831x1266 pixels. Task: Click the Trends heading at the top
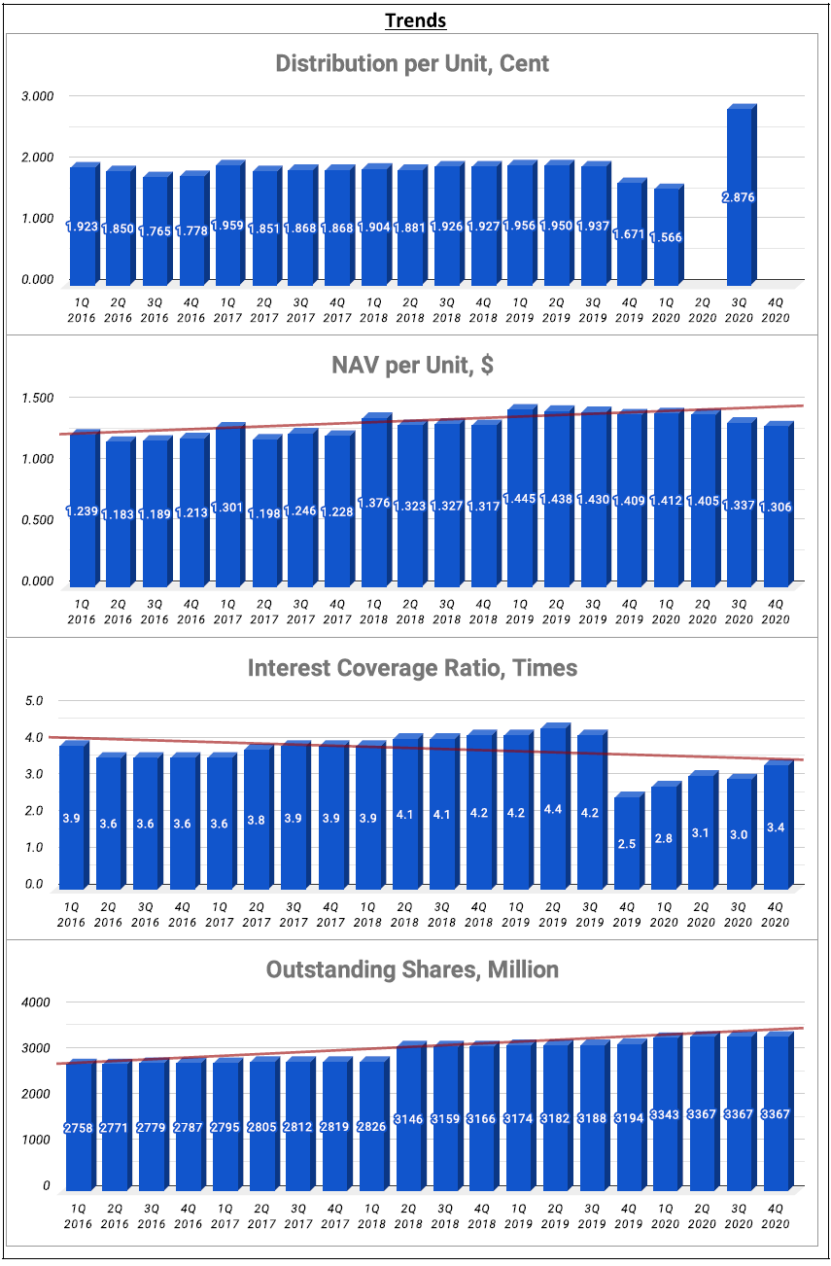pos(415,20)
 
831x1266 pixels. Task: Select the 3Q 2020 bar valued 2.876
pos(739,194)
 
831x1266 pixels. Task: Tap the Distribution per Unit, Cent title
pos(412,64)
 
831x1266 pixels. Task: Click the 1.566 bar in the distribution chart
pos(665,233)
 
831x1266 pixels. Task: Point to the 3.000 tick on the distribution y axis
pos(38,96)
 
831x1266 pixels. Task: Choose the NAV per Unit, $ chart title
pos(413,366)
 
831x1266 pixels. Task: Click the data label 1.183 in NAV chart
pos(119,511)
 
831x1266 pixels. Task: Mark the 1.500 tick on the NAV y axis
pos(38,398)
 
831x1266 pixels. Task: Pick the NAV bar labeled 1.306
pos(775,506)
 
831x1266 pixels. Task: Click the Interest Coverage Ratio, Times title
pos(412,668)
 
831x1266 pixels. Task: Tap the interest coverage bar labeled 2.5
pos(627,842)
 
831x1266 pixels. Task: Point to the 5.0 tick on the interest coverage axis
pos(35,700)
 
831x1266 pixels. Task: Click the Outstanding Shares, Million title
pos(412,969)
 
